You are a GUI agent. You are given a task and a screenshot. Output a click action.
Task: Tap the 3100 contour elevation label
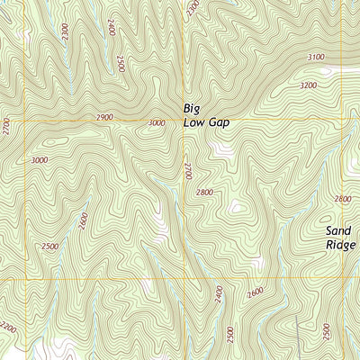[x=316, y=57]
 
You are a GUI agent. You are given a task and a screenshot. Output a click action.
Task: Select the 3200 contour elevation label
[x=309, y=85]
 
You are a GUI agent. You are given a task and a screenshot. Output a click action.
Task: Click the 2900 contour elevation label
[x=105, y=118]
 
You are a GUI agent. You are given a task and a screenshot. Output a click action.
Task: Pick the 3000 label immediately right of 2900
[x=157, y=122]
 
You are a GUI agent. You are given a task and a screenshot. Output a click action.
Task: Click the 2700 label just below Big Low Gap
[x=188, y=170]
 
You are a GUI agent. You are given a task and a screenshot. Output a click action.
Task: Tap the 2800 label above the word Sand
[x=342, y=199]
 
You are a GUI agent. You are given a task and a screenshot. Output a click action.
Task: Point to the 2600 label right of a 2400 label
[x=255, y=292]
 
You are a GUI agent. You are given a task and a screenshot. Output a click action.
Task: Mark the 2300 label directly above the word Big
[x=192, y=9]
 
